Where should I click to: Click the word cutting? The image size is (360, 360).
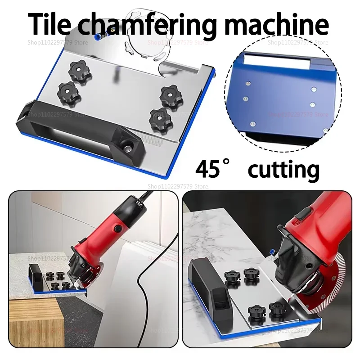tap(283, 170)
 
